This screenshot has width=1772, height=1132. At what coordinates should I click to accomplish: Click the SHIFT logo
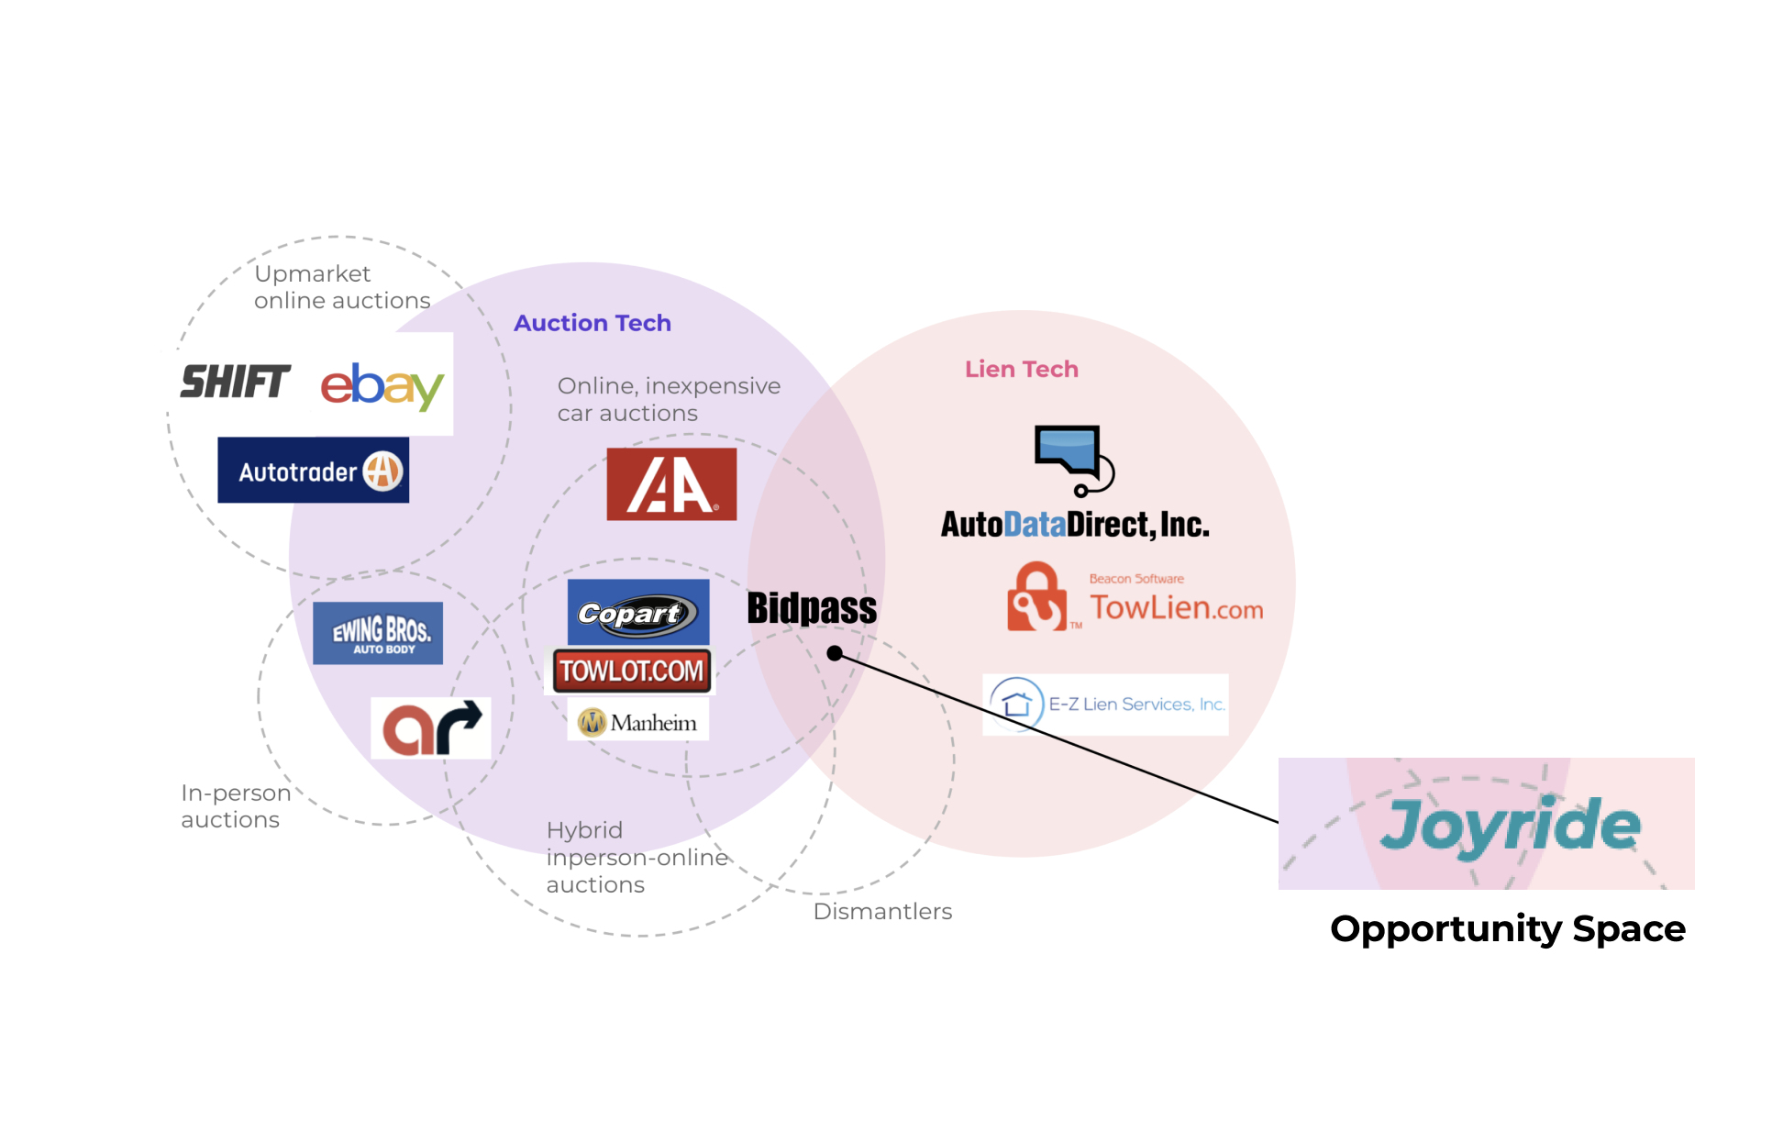pos(236,382)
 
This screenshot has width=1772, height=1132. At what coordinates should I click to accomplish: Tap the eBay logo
pos(382,385)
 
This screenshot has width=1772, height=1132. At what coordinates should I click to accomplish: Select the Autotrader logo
pos(313,471)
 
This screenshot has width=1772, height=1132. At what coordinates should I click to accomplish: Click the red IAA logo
pos(671,484)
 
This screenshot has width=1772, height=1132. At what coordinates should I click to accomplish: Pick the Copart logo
pos(638,612)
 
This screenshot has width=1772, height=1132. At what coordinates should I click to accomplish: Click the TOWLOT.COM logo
pos(632,671)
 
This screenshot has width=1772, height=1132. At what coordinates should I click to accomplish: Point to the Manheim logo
pos(638,722)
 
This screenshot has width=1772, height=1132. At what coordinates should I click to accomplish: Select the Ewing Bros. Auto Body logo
pos(378,633)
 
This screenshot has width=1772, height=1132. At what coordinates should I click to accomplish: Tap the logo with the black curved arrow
pos(431,728)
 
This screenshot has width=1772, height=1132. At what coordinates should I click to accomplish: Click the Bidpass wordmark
pos(812,607)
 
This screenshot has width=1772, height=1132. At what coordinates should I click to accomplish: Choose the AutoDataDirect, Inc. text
pos(1075,524)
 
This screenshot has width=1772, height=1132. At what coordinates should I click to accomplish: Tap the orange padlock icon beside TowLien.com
pos(1038,597)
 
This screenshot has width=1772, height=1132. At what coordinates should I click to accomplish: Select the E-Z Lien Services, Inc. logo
pos(1105,705)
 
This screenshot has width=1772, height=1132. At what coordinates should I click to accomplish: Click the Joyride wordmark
pos(1511,826)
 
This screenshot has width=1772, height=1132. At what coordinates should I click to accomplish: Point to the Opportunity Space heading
pos(1508,929)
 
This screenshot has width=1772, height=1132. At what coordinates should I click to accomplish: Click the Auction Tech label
pos(593,323)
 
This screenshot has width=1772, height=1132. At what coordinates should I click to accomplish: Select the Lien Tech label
pos(1022,369)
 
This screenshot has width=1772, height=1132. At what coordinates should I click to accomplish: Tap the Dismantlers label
pos(882,911)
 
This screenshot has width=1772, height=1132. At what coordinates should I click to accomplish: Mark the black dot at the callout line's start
pos(835,653)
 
